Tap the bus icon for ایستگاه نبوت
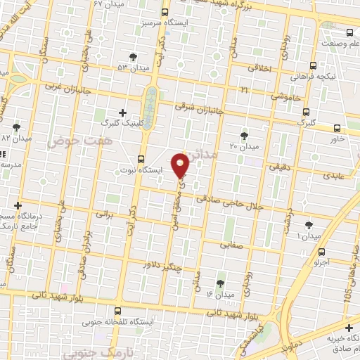point(141,158)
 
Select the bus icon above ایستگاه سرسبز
point(165,13)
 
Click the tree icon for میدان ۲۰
point(244,135)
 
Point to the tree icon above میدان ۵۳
point(133,56)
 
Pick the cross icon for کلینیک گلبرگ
point(123,112)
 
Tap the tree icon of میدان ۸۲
point(16,127)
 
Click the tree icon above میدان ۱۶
point(221,283)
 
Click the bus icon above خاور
point(337,128)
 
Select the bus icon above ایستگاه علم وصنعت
point(349,32)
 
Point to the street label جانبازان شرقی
point(201,109)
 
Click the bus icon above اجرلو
point(321,252)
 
